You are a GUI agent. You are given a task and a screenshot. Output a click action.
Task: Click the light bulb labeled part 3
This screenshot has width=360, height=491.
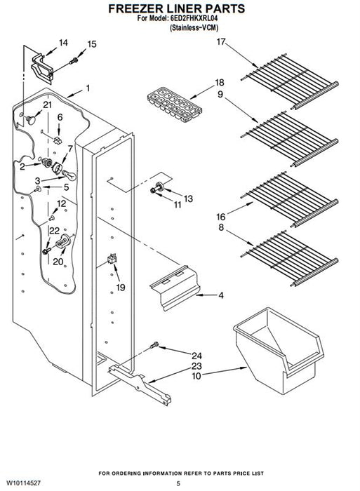pyautogui.click(x=69, y=175)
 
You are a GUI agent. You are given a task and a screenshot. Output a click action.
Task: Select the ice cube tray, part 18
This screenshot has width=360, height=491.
pyautogui.click(x=175, y=105)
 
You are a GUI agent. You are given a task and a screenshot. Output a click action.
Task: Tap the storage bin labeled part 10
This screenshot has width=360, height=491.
pyautogui.click(x=279, y=350)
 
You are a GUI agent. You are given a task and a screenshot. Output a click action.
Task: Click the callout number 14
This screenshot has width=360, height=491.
pyautogui.click(x=63, y=43)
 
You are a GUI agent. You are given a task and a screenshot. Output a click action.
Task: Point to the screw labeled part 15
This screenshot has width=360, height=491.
pyautogui.click(x=74, y=61)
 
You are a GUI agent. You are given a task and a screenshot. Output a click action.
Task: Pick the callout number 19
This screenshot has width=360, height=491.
pyautogui.click(x=121, y=287)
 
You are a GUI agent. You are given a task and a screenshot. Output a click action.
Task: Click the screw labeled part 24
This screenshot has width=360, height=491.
pyautogui.click(x=154, y=345)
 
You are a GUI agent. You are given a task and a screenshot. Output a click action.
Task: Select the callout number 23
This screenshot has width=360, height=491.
pyautogui.click(x=196, y=365)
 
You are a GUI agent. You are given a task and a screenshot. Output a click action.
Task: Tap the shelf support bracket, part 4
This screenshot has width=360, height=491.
pyautogui.click(x=175, y=288)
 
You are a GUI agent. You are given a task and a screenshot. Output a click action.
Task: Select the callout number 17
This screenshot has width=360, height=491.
pyautogui.click(x=221, y=41)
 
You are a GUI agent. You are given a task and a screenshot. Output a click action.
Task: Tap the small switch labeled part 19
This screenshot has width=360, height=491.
pyautogui.click(x=112, y=259)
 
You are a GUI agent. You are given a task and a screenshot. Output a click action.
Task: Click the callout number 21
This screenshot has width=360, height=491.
pyautogui.click(x=47, y=105)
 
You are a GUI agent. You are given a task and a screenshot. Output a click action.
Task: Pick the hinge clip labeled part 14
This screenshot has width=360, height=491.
pyautogui.click(x=42, y=69)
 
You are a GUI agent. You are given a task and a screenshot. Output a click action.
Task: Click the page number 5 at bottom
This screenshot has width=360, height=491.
pyautogui.click(x=178, y=483)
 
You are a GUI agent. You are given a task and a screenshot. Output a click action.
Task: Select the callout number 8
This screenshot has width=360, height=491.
pyautogui.click(x=221, y=227)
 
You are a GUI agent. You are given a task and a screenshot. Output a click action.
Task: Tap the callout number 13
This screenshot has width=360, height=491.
pyautogui.click(x=188, y=199)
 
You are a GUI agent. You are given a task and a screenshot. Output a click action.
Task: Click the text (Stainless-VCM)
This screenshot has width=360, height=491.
pyautogui.click(x=194, y=27)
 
